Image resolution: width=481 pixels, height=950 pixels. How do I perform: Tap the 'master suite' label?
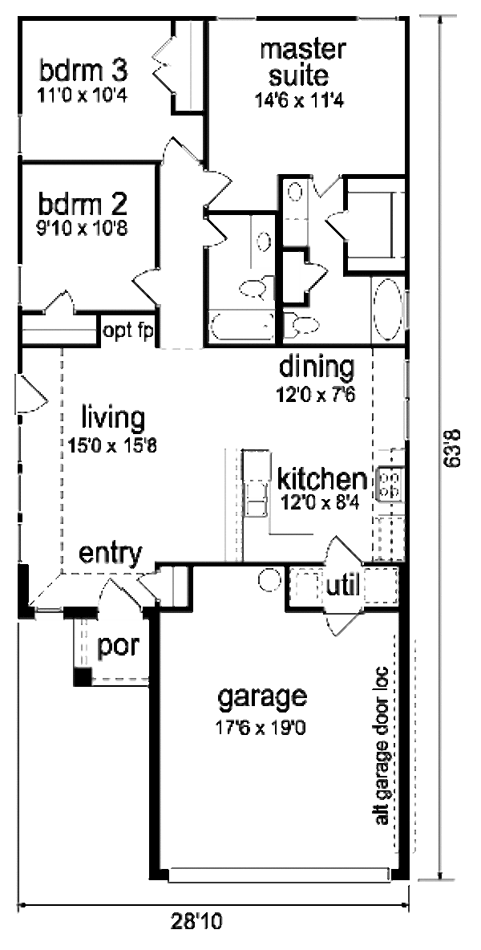(303, 63)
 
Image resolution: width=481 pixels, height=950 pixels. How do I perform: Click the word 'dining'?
(316, 367)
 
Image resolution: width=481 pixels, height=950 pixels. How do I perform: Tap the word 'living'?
(113, 418)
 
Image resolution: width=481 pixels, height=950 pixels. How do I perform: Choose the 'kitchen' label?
(321, 480)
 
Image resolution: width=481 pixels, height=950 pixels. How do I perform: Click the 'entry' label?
(110, 553)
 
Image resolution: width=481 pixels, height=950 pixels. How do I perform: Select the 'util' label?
(342, 586)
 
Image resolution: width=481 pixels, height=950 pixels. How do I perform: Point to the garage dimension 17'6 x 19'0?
(262, 728)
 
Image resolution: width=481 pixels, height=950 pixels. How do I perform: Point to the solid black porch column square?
(82, 676)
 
